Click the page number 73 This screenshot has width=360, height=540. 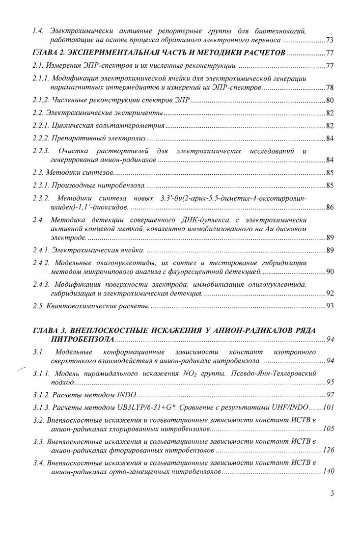[x=330, y=39]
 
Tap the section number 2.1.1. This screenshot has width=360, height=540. [x=42, y=79]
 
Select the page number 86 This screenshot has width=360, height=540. [x=330, y=209]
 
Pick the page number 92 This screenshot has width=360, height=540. [x=330, y=294]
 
